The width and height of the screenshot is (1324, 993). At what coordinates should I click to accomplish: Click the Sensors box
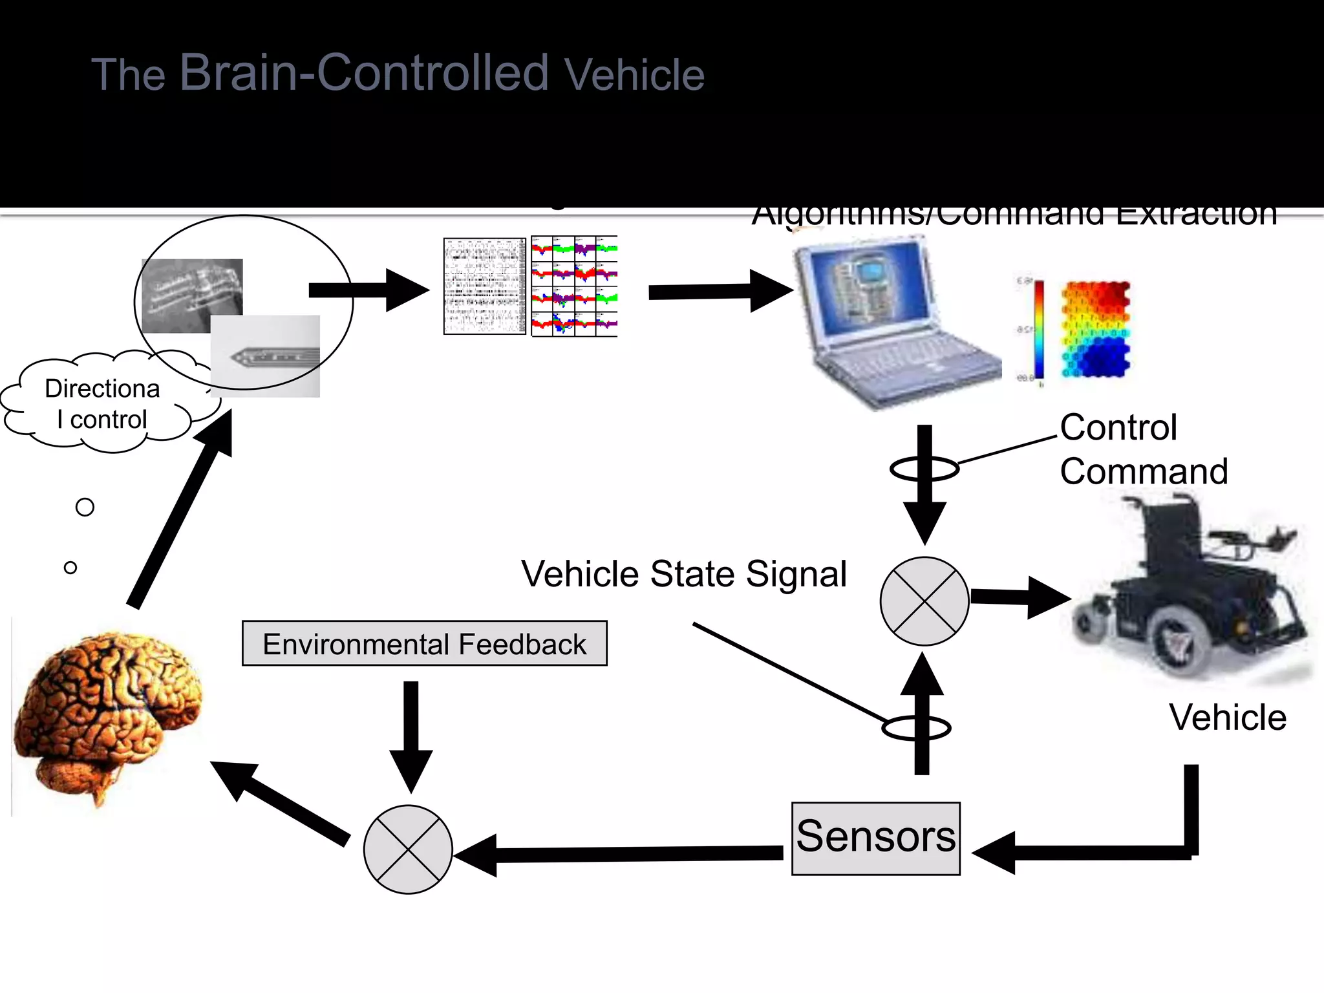(x=875, y=838)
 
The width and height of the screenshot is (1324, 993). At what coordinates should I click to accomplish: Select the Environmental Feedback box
(x=424, y=643)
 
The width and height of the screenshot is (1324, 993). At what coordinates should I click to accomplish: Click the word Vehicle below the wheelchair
(x=1227, y=718)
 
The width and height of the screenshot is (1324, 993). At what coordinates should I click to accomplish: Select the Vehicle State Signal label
(x=683, y=574)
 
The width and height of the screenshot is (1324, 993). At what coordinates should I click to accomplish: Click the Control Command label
(x=1143, y=449)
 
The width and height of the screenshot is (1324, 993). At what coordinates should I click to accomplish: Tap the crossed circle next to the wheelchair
(x=924, y=601)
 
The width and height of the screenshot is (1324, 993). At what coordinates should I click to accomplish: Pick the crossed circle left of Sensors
(x=408, y=849)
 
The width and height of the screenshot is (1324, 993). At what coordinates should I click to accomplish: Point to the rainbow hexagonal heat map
(x=1096, y=330)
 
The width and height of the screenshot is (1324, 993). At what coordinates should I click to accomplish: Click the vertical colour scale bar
(x=1039, y=330)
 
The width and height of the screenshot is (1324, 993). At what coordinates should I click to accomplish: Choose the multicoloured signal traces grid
(x=574, y=286)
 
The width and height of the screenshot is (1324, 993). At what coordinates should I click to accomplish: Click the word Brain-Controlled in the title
(x=364, y=72)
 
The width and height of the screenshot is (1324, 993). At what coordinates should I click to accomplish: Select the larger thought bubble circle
(x=85, y=507)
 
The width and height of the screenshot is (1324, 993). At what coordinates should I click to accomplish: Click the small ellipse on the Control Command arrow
(x=924, y=469)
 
